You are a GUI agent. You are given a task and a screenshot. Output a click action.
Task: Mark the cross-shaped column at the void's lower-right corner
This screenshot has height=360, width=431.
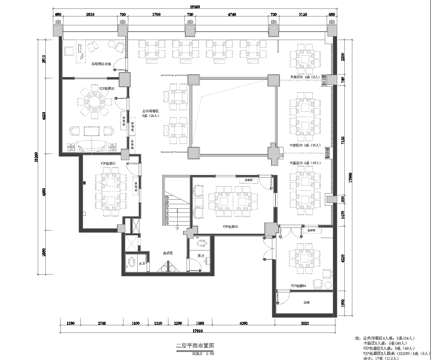[271, 151]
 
